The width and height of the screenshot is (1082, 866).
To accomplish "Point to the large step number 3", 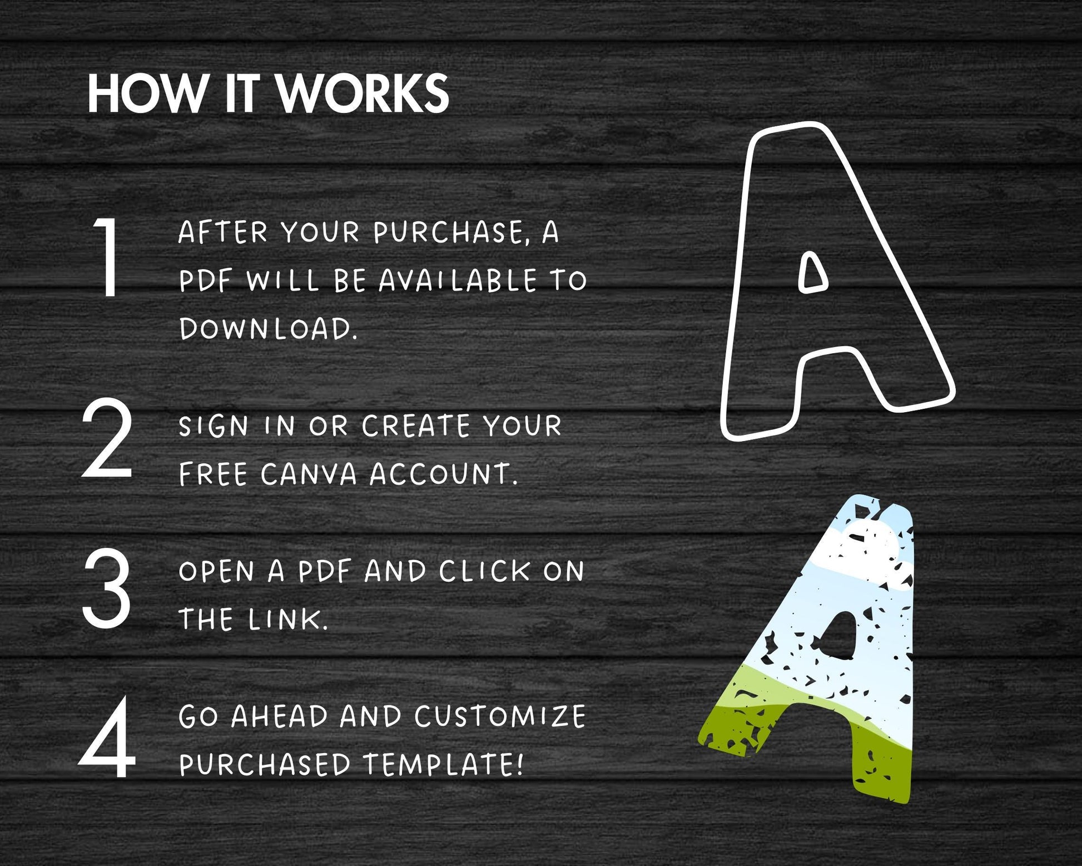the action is point(107,588).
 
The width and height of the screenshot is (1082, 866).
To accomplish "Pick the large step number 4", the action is point(107,738).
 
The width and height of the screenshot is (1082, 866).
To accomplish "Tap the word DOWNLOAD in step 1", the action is point(268,328).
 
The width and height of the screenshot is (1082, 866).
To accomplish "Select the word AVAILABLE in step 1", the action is point(458,280).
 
